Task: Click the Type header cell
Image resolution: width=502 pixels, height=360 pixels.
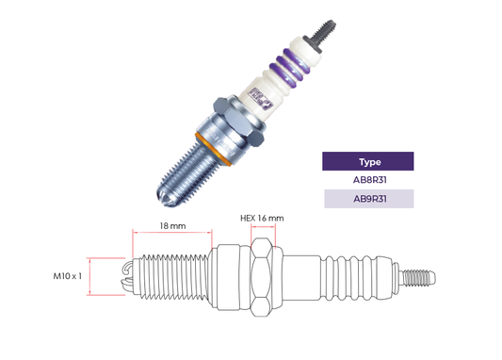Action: tap(368, 161)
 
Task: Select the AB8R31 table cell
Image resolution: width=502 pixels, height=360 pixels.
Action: tap(368, 180)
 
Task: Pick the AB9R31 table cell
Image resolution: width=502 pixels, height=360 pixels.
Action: tap(368, 199)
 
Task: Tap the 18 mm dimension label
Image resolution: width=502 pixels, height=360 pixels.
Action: tap(172, 226)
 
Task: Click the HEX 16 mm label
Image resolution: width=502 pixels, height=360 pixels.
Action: tap(262, 220)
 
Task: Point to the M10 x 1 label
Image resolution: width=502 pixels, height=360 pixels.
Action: tap(68, 276)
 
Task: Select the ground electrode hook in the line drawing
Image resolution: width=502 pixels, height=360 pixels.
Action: tap(127, 276)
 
